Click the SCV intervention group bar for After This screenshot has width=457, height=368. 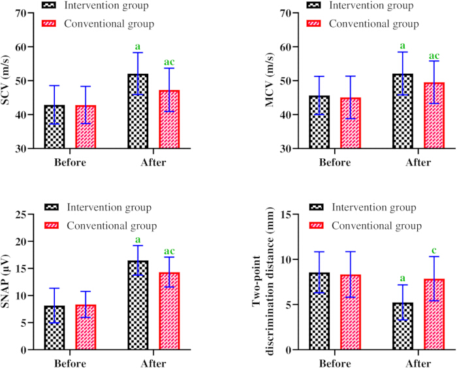(138, 111)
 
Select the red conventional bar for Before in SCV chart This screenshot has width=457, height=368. (86, 127)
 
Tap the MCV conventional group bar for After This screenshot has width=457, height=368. (434, 116)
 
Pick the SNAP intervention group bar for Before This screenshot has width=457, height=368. (54, 327)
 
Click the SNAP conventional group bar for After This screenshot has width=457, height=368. (169, 310)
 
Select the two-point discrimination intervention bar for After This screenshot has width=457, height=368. (403, 326)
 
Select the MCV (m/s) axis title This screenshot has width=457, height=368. (270, 80)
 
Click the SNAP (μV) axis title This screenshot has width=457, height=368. (5, 282)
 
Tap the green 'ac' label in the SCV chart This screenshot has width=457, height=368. (169, 62)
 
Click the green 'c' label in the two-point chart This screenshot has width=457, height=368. (434, 250)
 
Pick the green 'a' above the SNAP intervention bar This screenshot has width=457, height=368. (138, 240)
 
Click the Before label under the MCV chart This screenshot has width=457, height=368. (335, 162)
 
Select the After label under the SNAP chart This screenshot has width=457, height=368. (153, 363)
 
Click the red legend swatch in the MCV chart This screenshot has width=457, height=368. (313, 24)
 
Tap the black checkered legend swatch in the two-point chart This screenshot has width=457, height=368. (316, 207)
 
